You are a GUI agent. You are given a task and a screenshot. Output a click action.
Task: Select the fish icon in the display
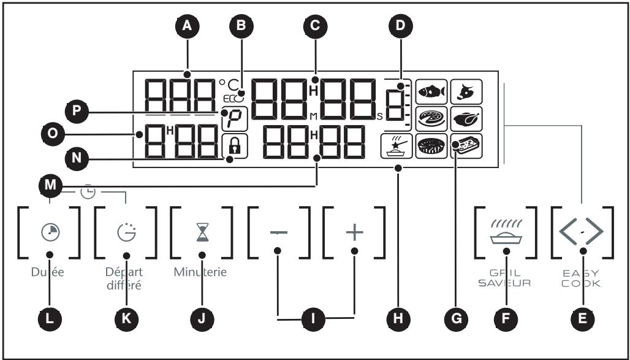click(x=431, y=91)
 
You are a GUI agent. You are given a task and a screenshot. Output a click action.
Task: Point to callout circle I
click(x=316, y=318)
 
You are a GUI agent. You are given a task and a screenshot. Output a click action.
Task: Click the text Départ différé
click(x=126, y=279)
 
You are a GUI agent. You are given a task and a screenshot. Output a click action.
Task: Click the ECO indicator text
click(x=233, y=98)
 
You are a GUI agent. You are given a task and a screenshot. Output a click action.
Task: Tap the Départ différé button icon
click(x=126, y=233)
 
